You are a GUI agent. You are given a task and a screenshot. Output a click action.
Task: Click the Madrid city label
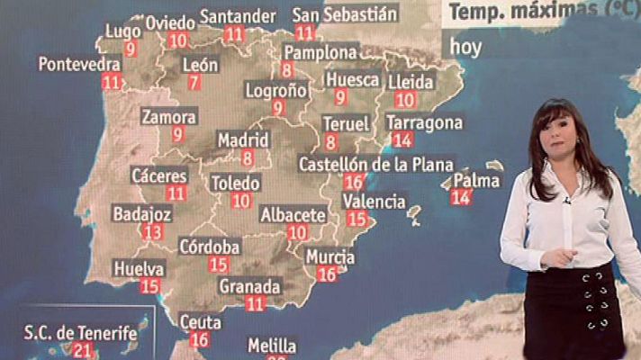coord(243,140)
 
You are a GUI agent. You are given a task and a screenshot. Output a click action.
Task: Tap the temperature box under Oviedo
coord(177,40)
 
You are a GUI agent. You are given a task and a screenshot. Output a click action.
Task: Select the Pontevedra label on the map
coord(79,65)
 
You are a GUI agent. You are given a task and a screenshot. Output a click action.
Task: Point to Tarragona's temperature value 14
coord(402,139)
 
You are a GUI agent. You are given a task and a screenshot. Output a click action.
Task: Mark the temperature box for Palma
coord(460,197)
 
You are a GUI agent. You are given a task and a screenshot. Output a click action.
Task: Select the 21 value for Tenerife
coord(85,351)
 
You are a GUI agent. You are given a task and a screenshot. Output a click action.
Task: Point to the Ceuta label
coord(201,321)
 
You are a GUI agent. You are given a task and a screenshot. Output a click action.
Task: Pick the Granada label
coord(250,287)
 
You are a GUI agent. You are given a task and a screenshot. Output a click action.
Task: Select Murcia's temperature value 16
coord(327,274)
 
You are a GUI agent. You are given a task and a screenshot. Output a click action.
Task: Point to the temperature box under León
coord(194,83)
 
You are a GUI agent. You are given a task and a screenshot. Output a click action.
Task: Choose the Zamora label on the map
coord(168,117)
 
